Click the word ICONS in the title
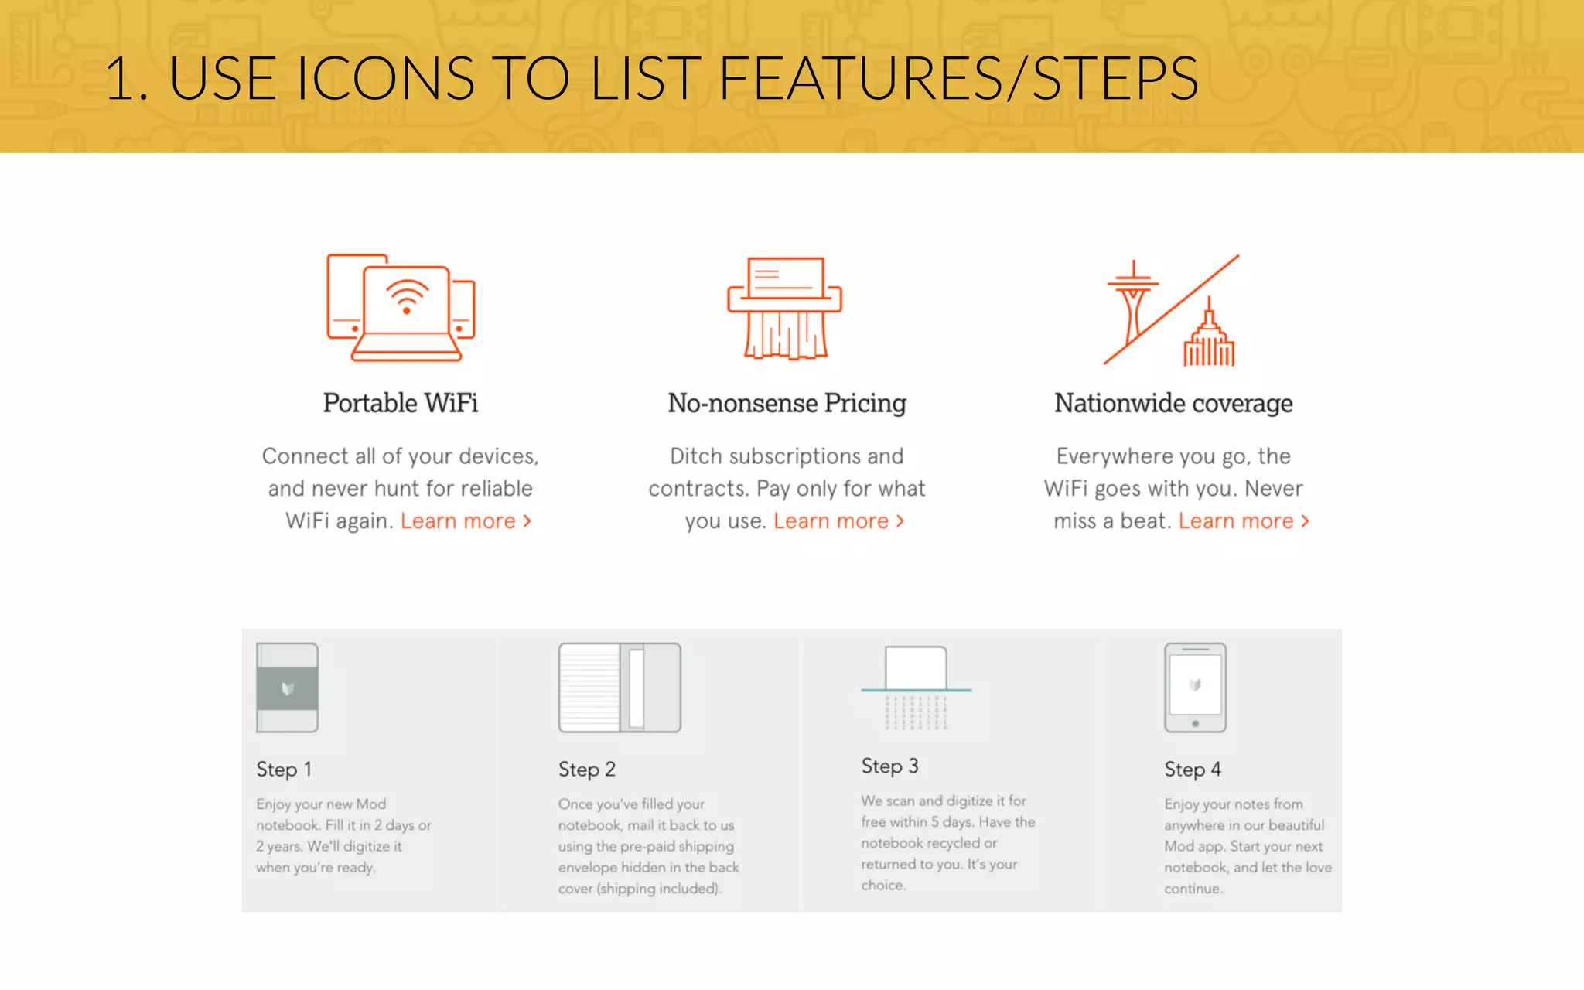tap(384, 78)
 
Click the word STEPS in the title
tap(1115, 78)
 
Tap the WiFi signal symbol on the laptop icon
tap(407, 297)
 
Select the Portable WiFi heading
tap(400, 403)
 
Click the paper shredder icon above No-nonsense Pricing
tap(784, 308)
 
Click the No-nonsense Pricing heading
tap(787, 403)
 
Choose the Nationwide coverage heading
tap(1173, 403)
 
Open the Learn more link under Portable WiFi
tap(465, 521)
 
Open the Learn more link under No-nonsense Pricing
tap(838, 521)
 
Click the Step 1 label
tap(284, 769)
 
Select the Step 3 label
tap(889, 766)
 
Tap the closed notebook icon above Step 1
tap(287, 688)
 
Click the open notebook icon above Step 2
tap(620, 688)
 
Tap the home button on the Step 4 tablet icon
tap(1195, 724)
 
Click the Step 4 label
tap(1192, 769)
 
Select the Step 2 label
tap(586, 769)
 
